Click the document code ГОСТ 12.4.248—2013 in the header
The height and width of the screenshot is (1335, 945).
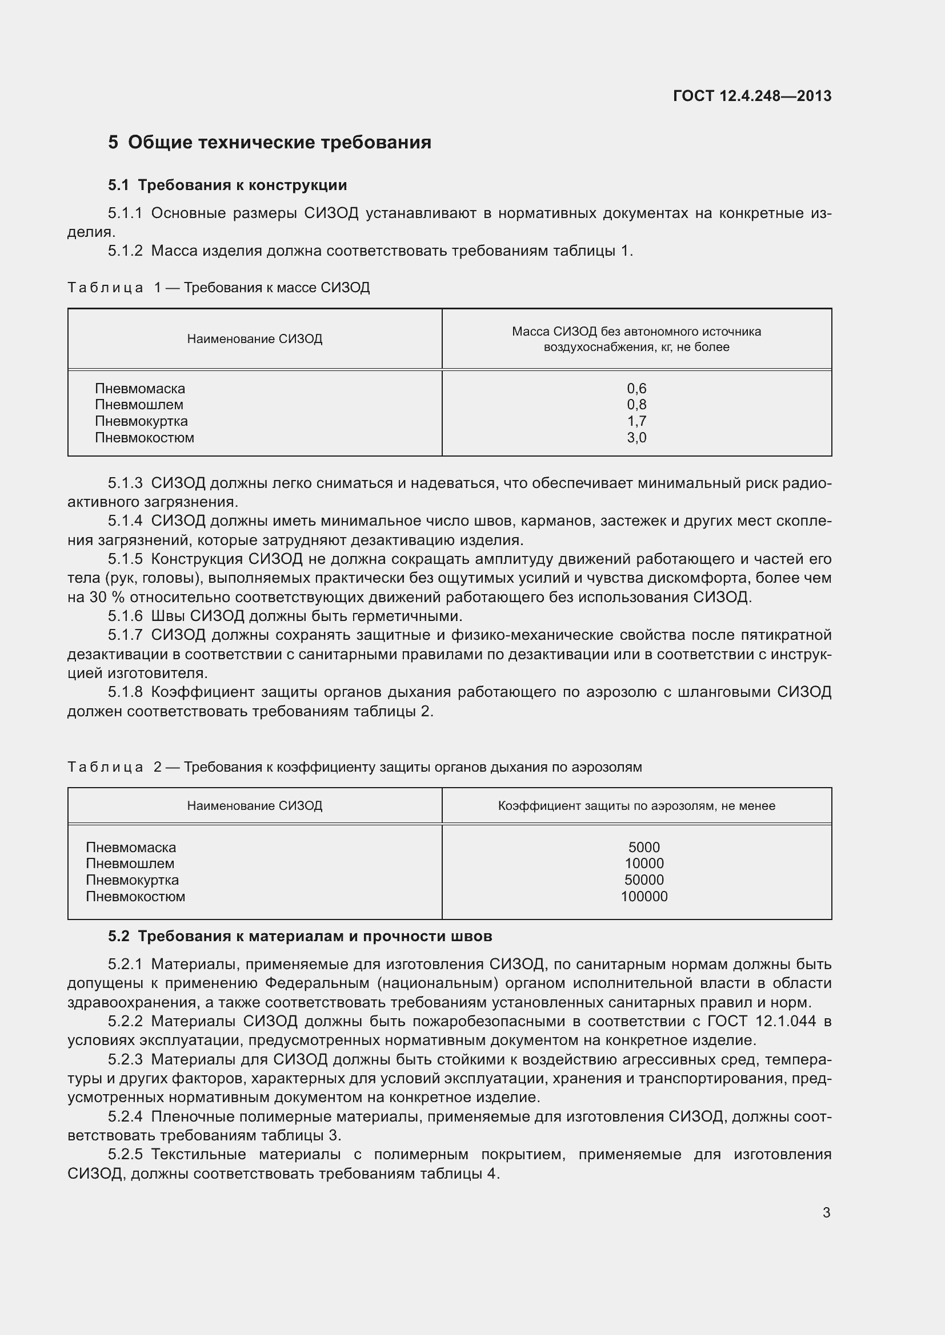click(x=752, y=96)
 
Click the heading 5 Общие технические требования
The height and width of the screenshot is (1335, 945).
click(x=270, y=143)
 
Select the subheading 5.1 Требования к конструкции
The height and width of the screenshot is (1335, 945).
click(x=227, y=185)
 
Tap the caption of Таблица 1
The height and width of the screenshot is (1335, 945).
click(x=218, y=287)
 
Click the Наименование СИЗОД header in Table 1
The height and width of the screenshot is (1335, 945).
click(x=254, y=339)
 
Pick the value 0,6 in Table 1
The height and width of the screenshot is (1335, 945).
click(x=636, y=389)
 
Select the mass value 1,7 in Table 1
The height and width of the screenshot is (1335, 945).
click(x=636, y=421)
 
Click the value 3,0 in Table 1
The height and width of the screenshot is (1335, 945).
click(x=636, y=438)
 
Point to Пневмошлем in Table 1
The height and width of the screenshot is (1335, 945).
click(x=139, y=405)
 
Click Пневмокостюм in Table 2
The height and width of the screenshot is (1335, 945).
click(x=135, y=896)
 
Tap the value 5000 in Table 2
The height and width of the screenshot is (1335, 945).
click(x=644, y=847)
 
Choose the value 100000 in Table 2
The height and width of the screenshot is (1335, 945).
click(x=644, y=896)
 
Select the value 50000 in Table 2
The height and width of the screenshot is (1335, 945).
click(x=644, y=880)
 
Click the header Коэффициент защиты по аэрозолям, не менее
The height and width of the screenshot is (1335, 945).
click(x=636, y=806)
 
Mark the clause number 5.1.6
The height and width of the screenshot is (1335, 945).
click(x=125, y=616)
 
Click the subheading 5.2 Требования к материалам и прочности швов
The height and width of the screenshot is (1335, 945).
click(x=300, y=936)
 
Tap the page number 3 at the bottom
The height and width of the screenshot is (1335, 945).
click(x=826, y=1212)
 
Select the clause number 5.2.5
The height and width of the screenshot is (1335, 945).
click(x=125, y=1154)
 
